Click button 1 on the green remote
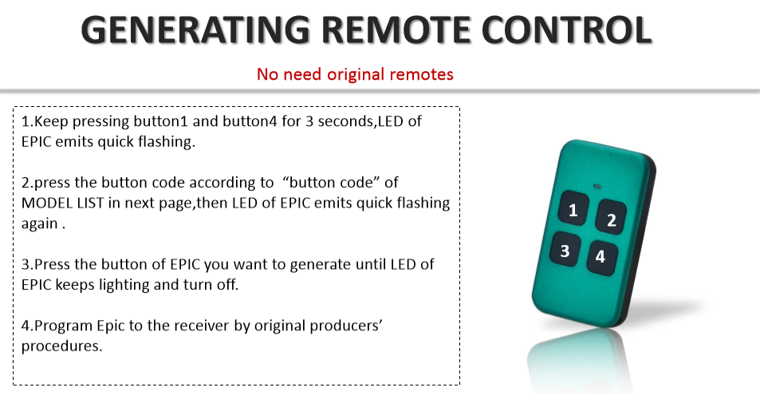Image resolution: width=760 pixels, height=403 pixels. tap(573, 208)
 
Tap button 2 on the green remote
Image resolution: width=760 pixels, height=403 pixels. tap(611, 218)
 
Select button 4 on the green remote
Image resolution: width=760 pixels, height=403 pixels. tap(602, 258)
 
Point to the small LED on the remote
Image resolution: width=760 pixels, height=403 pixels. tap(597, 187)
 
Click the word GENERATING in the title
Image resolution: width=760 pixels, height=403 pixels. tap(195, 30)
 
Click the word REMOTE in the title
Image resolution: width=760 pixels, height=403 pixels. tap(396, 30)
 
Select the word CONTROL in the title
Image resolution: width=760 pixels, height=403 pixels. tap(566, 30)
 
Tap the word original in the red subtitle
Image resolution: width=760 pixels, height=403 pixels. tap(356, 75)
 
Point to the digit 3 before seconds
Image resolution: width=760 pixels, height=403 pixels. tap(309, 121)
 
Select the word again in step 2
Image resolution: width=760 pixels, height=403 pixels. tap(40, 224)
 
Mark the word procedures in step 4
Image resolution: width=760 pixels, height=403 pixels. tap(61, 346)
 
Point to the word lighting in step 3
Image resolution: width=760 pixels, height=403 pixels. tap(124, 285)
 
